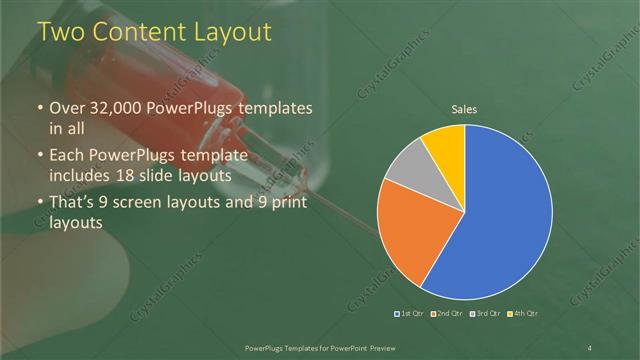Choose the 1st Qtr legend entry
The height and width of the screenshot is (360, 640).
pyautogui.click(x=410, y=314)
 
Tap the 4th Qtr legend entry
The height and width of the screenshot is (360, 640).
pyautogui.click(x=520, y=314)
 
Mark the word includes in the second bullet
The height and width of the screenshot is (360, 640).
pyautogui.click(x=82, y=175)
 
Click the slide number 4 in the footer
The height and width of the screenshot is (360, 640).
pyautogui.click(x=590, y=347)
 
